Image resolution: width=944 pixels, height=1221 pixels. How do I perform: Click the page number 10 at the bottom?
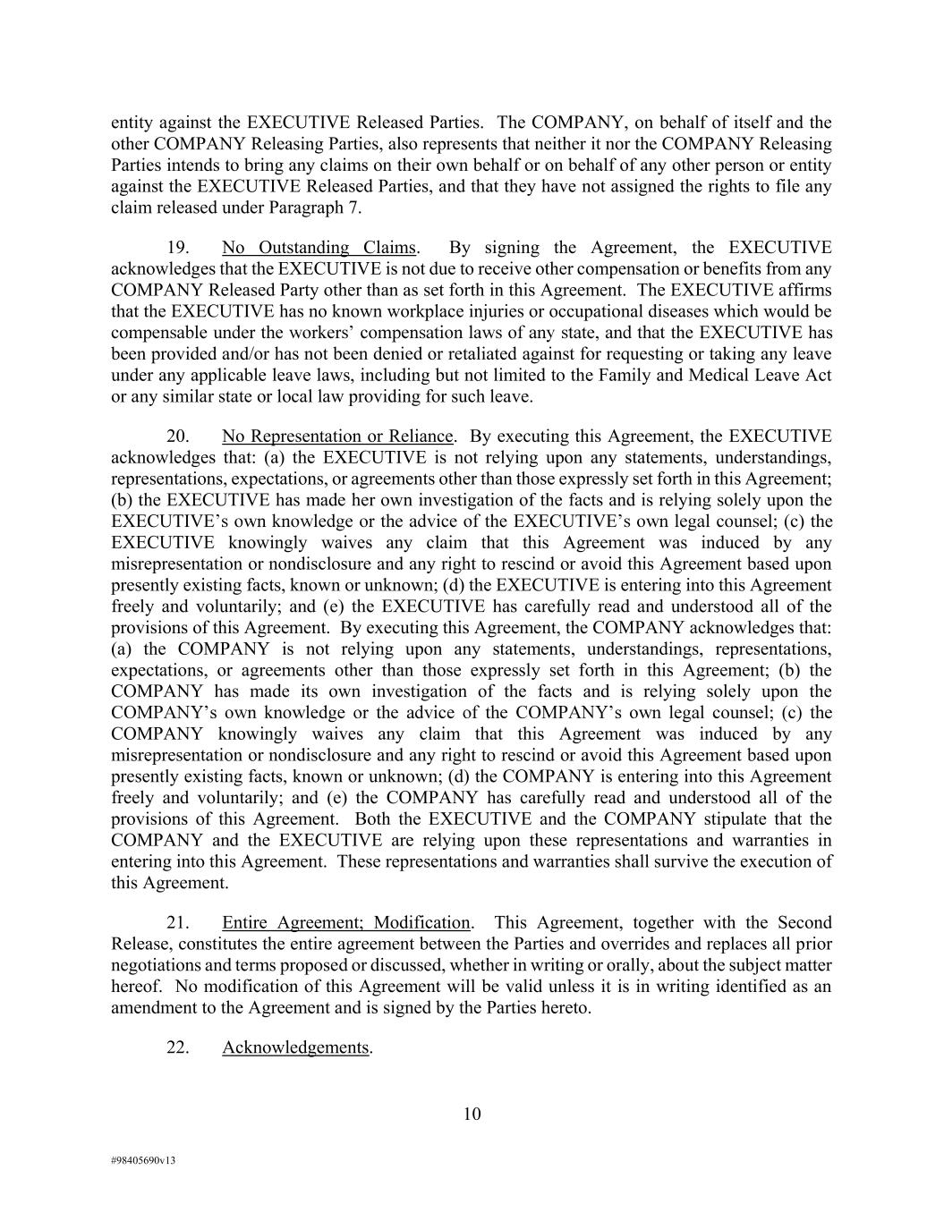[472, 1114]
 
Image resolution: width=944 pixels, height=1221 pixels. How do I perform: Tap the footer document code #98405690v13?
[143, 1160]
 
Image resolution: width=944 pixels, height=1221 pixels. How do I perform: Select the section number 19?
[177, 248]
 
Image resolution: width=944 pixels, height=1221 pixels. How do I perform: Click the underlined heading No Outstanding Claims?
[319, 248]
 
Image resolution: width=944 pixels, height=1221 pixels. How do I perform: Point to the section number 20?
[177, 437]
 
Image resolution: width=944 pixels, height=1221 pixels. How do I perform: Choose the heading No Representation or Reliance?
[337, 437]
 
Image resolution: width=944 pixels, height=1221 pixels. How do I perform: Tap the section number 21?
[177, 922]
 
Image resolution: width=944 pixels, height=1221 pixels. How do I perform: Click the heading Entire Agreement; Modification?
[345, 922]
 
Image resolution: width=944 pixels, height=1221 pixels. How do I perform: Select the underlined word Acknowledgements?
[295, 1047]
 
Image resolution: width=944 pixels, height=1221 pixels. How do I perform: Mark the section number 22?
[177, 1047]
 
